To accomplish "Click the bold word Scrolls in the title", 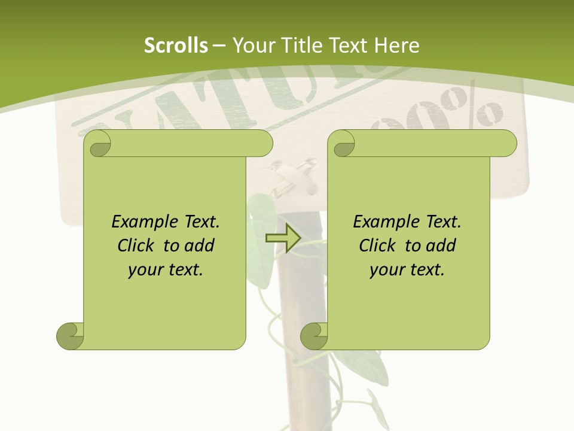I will tap(176, 45).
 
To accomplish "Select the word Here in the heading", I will tap(397, 45).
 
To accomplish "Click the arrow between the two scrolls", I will tap(283, 238).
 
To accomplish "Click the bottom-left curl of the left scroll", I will tap(70, 335).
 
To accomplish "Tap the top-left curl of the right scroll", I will tap(343, 144).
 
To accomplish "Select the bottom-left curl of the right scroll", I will tap(314, 335).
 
